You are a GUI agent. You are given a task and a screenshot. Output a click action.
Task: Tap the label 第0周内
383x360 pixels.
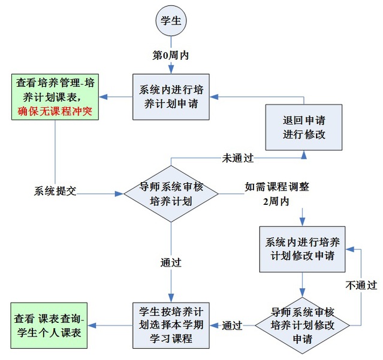[171, 55]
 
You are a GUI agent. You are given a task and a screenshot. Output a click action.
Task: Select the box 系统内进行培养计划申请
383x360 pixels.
[171, 96]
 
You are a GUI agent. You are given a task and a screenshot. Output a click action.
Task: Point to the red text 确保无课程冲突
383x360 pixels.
[55, 111]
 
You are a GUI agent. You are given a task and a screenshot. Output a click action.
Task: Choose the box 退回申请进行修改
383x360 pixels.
[304, 126]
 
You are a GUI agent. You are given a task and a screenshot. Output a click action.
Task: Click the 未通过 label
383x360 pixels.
[238, 158]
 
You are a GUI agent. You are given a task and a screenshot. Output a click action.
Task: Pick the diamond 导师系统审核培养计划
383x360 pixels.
[171, 193]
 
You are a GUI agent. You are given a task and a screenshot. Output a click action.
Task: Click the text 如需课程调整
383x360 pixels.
[277, 186]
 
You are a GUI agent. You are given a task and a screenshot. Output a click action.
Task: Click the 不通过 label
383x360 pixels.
[361, 285]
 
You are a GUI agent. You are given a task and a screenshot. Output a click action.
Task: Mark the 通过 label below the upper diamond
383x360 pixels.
[171, 262]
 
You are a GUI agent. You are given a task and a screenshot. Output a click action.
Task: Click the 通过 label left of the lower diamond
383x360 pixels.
[232, 326]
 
